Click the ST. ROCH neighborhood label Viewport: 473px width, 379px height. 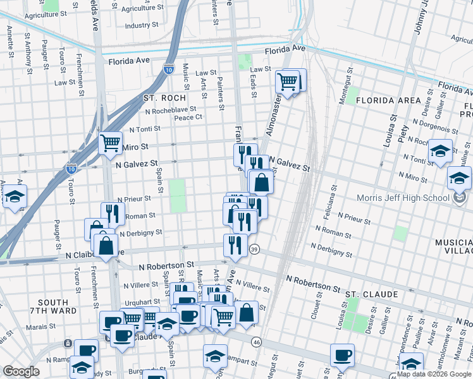pos(164,98)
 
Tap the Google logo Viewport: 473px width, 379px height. pos(21,371)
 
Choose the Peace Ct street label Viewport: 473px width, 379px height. pos(188,117)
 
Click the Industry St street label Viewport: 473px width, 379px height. pos(141,26)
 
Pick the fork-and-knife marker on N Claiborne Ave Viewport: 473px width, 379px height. pos(235,244)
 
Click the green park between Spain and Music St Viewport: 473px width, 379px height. pos(178,195)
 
